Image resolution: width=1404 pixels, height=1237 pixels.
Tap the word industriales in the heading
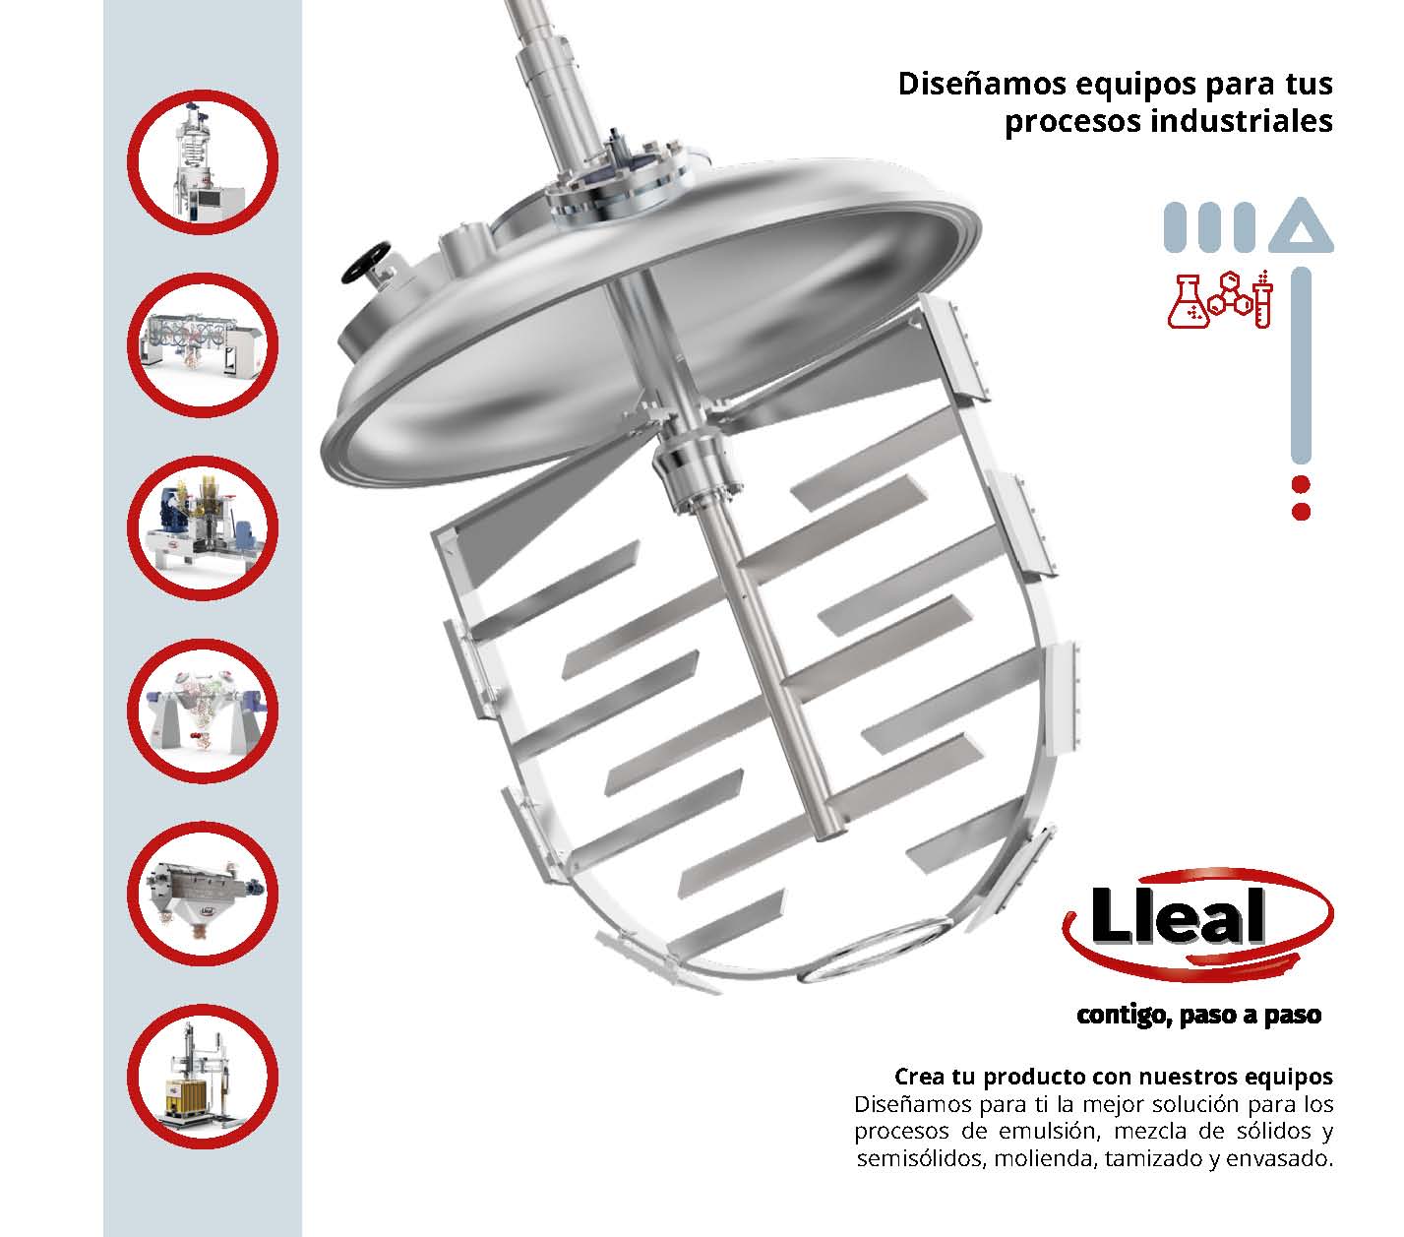coord(1241,121)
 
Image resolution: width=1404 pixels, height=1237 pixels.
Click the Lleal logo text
coord(1178,915)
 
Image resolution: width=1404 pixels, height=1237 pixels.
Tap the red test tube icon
coord(1262,299)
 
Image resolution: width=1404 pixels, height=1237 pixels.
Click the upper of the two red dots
coord(1301,484)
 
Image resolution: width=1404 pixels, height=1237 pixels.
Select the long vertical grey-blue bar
coord(1301,365)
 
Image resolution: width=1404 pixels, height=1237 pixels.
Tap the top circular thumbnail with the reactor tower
coord(203,162)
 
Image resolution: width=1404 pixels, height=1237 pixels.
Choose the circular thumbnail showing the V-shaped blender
coord(203,711)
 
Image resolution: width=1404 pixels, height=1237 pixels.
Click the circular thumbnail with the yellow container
coord(203,1077)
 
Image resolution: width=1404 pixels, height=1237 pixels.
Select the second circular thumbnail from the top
coord(203,344)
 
